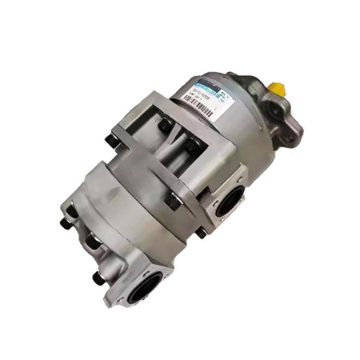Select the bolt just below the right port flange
point(199,232)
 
